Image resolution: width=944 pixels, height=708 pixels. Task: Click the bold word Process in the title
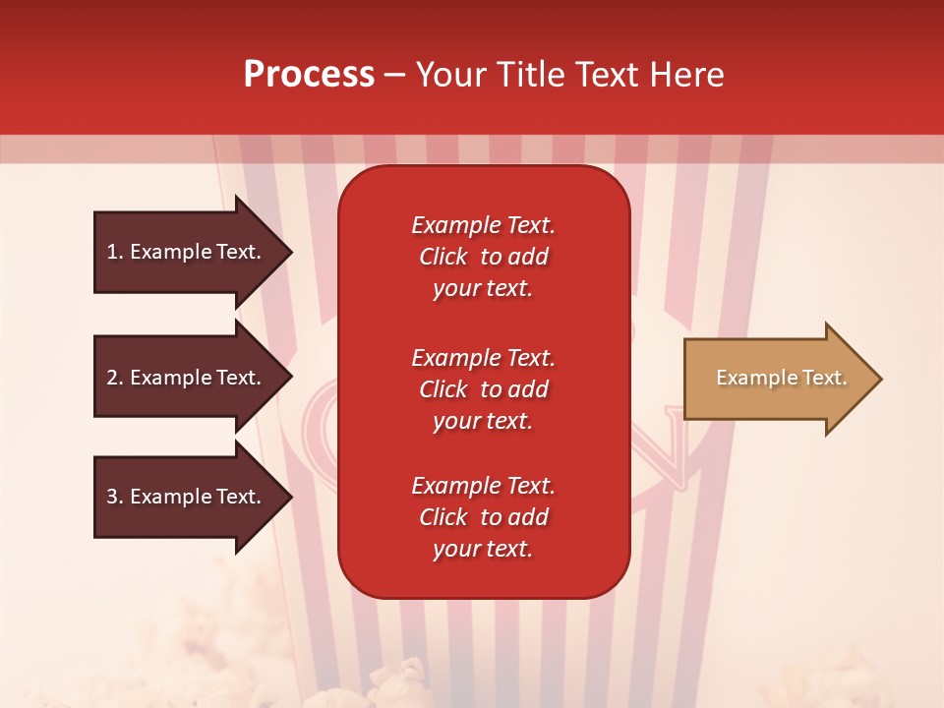(x=309, y=75)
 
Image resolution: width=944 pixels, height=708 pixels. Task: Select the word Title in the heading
(x=531, y=75)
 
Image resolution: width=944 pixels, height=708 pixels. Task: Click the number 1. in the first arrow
(x=115, y=252)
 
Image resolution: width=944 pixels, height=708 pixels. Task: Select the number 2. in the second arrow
(x=115, y=378)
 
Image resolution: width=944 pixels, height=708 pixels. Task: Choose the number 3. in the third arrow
(x=115, y=497)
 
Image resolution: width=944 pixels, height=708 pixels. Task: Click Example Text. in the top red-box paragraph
(x=483, y=225)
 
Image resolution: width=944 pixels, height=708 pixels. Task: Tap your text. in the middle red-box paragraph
(x=483, y=421)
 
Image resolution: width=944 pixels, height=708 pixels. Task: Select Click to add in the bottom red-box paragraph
(x=483, y=517)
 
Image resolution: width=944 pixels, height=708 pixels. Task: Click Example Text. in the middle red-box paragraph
(x=483, y=358)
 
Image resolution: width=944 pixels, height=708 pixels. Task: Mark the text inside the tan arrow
(x=781, y=378)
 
